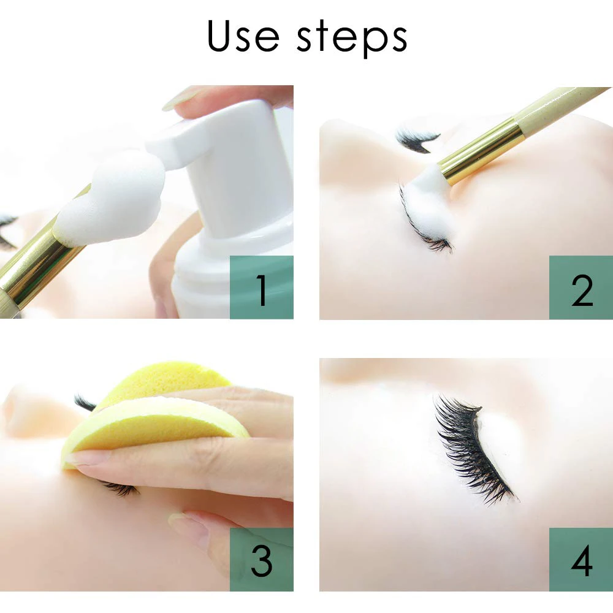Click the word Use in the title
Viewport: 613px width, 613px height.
pyautogui.click(x=243, y=36)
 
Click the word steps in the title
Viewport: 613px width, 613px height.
pyautogui.click(x=352, y=38)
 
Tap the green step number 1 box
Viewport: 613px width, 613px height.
pyautogui.click(x=262, y=287)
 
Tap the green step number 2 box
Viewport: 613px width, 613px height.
pyautogui.click(x=581, y=287)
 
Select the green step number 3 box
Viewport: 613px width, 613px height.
pyautogui.click(x=262, y=559)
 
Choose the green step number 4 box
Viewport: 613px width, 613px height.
pyautogui.click(x=581, y=559)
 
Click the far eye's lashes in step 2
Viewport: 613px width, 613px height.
pyautogui.click(x=417, y=140)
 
